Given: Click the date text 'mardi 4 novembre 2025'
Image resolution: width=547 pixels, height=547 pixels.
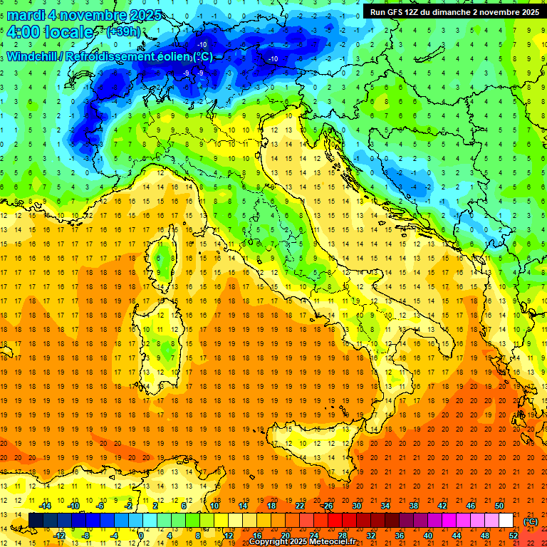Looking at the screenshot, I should pos(84,16).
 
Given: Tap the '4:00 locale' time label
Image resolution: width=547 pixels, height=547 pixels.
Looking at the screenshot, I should pos(50,32).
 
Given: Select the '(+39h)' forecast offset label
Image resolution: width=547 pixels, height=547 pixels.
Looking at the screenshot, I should pos(123,32).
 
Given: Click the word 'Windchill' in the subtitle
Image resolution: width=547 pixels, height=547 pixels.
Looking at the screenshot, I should pos(33,56).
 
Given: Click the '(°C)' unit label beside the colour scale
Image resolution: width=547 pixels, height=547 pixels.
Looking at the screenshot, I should pos(531,521).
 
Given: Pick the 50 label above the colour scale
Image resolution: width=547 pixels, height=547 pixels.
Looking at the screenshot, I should pos(499,506).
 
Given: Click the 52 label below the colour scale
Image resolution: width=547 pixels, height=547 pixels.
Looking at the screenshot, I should pos(513,536).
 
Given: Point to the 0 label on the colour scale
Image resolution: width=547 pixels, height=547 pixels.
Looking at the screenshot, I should pos(142,536).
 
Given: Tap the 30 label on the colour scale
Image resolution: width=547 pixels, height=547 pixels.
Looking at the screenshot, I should pos(356,506).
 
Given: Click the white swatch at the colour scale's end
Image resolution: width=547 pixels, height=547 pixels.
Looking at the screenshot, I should pos(506,521).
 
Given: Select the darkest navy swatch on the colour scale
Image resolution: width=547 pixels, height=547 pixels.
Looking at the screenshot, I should pos(36,521).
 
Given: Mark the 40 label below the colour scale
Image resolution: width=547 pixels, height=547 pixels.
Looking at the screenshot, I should pos(427,536).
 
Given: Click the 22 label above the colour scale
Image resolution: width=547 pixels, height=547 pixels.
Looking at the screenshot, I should pos(299,506).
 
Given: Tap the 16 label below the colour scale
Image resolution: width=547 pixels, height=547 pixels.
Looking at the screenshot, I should pos(256,536).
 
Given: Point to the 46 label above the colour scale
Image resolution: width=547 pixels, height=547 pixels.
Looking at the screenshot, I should pos(470,506).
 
